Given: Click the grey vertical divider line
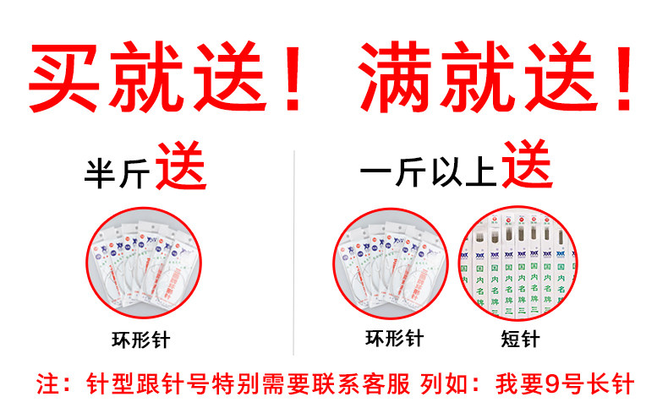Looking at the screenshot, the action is click(x=293, y=253).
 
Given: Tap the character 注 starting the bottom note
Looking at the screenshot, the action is click(x=47, y=384).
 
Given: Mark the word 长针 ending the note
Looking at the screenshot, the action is click(x=612, y=384).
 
